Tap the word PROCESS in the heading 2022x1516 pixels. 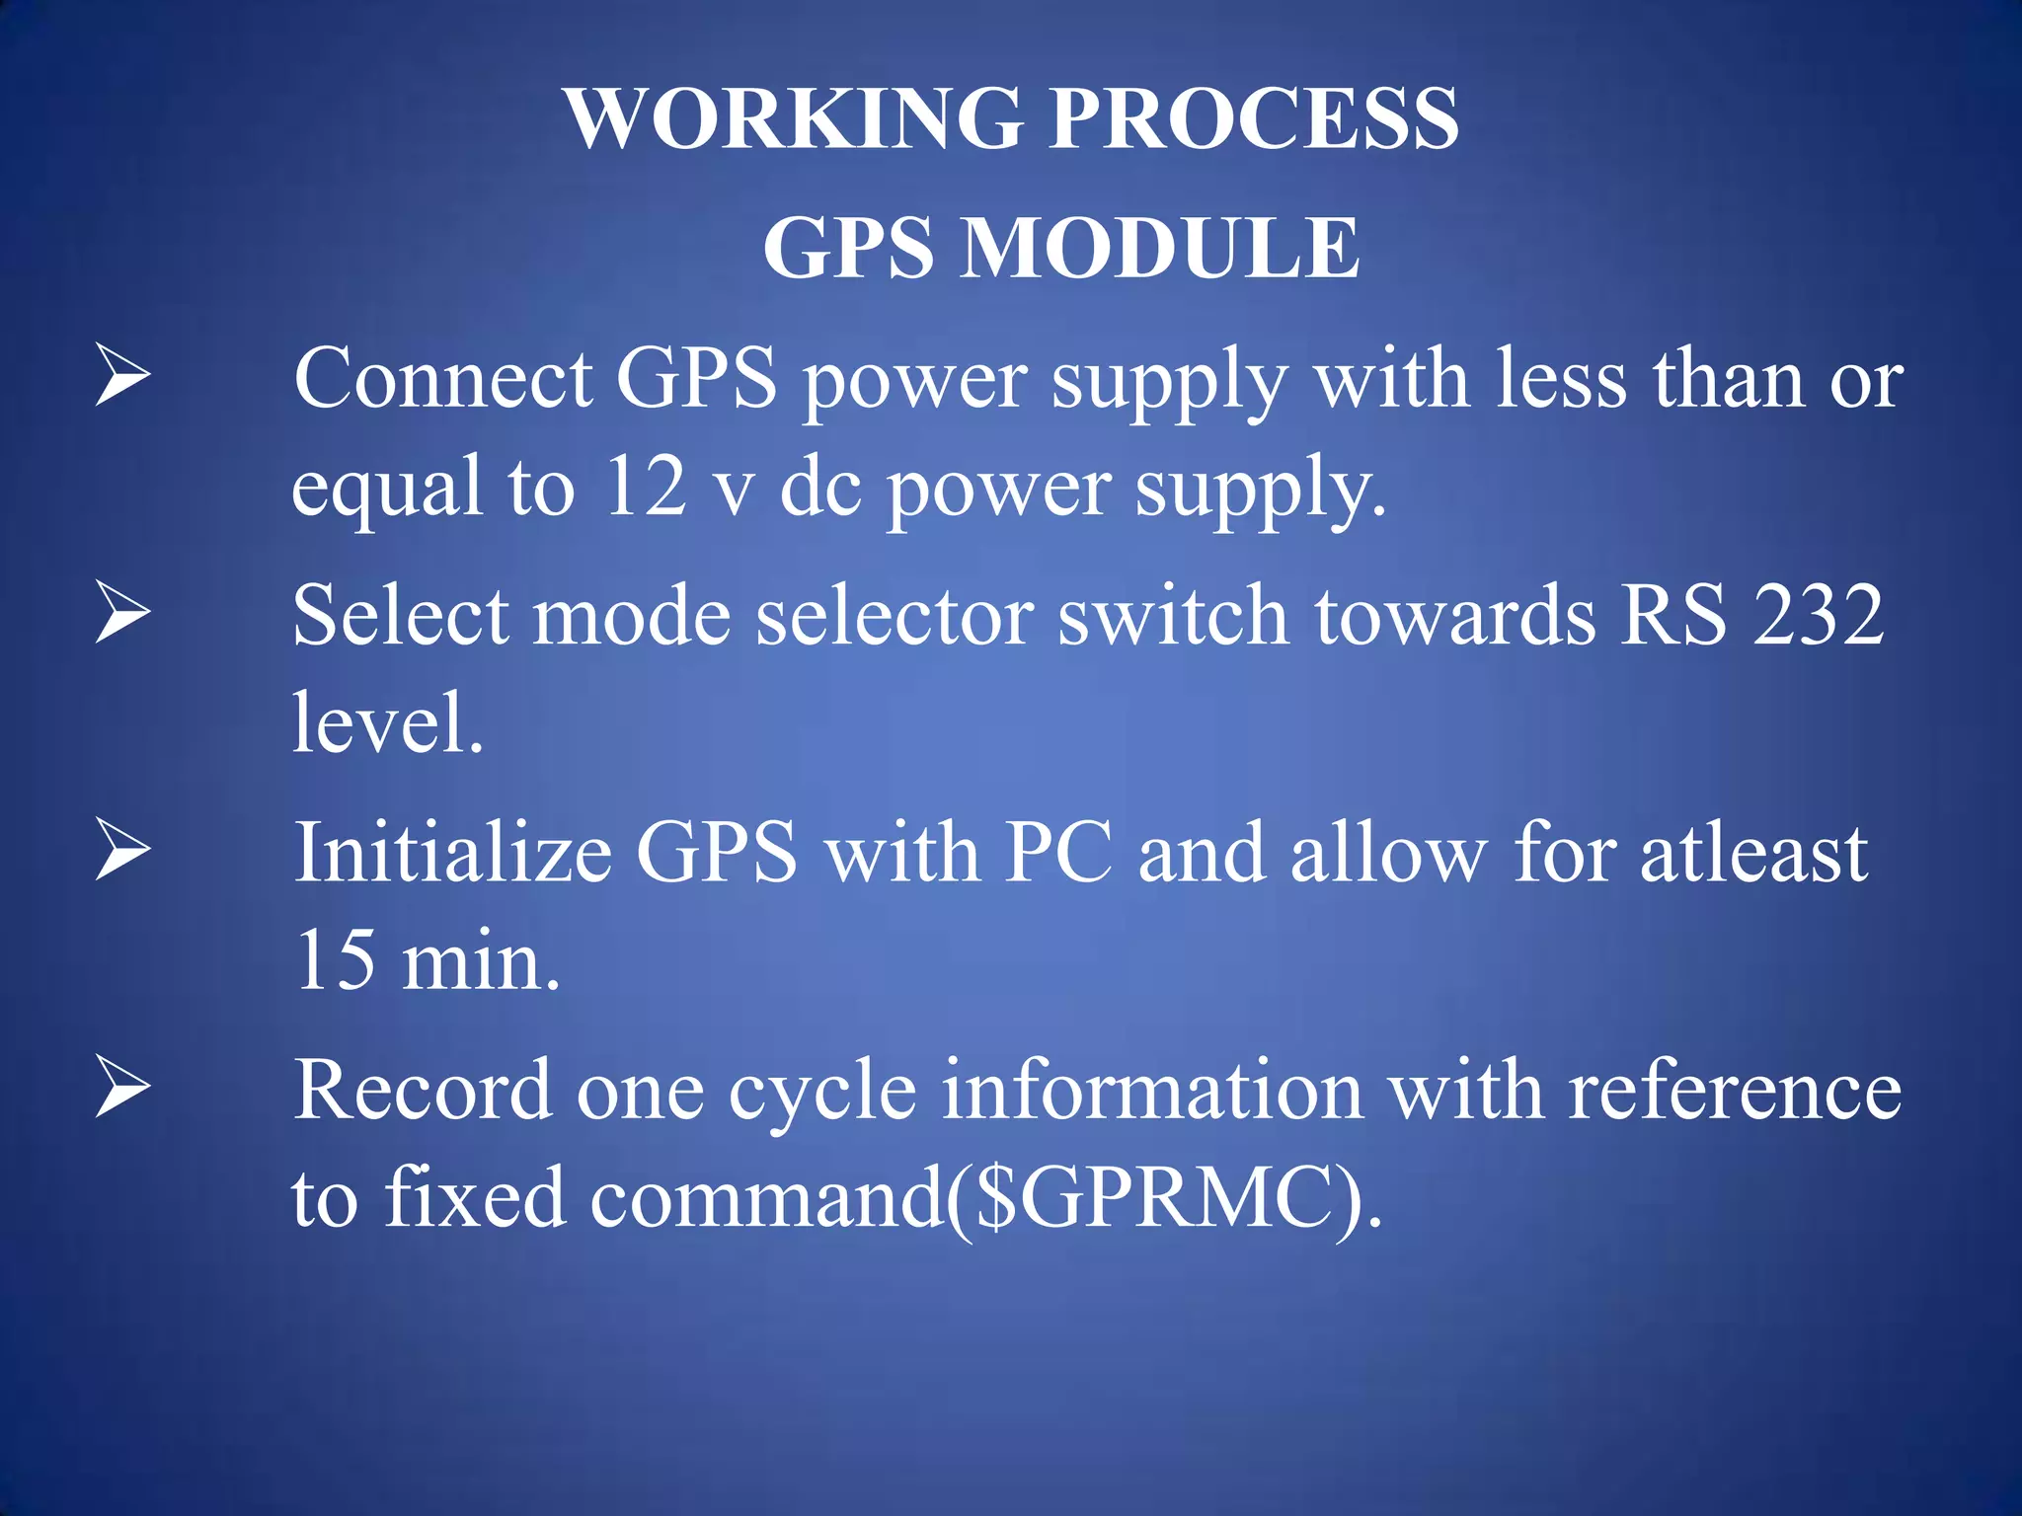click(1253, 118)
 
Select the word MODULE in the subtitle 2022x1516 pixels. click(1161, 248)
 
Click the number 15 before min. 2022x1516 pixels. click(336, 959)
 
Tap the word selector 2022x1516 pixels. click(894, 615)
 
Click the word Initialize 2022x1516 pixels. click(453, 852)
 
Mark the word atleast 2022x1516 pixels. click(1753, 853)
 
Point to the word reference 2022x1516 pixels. click(1734, 1090)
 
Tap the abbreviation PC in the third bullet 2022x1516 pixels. click(1058, 852)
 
